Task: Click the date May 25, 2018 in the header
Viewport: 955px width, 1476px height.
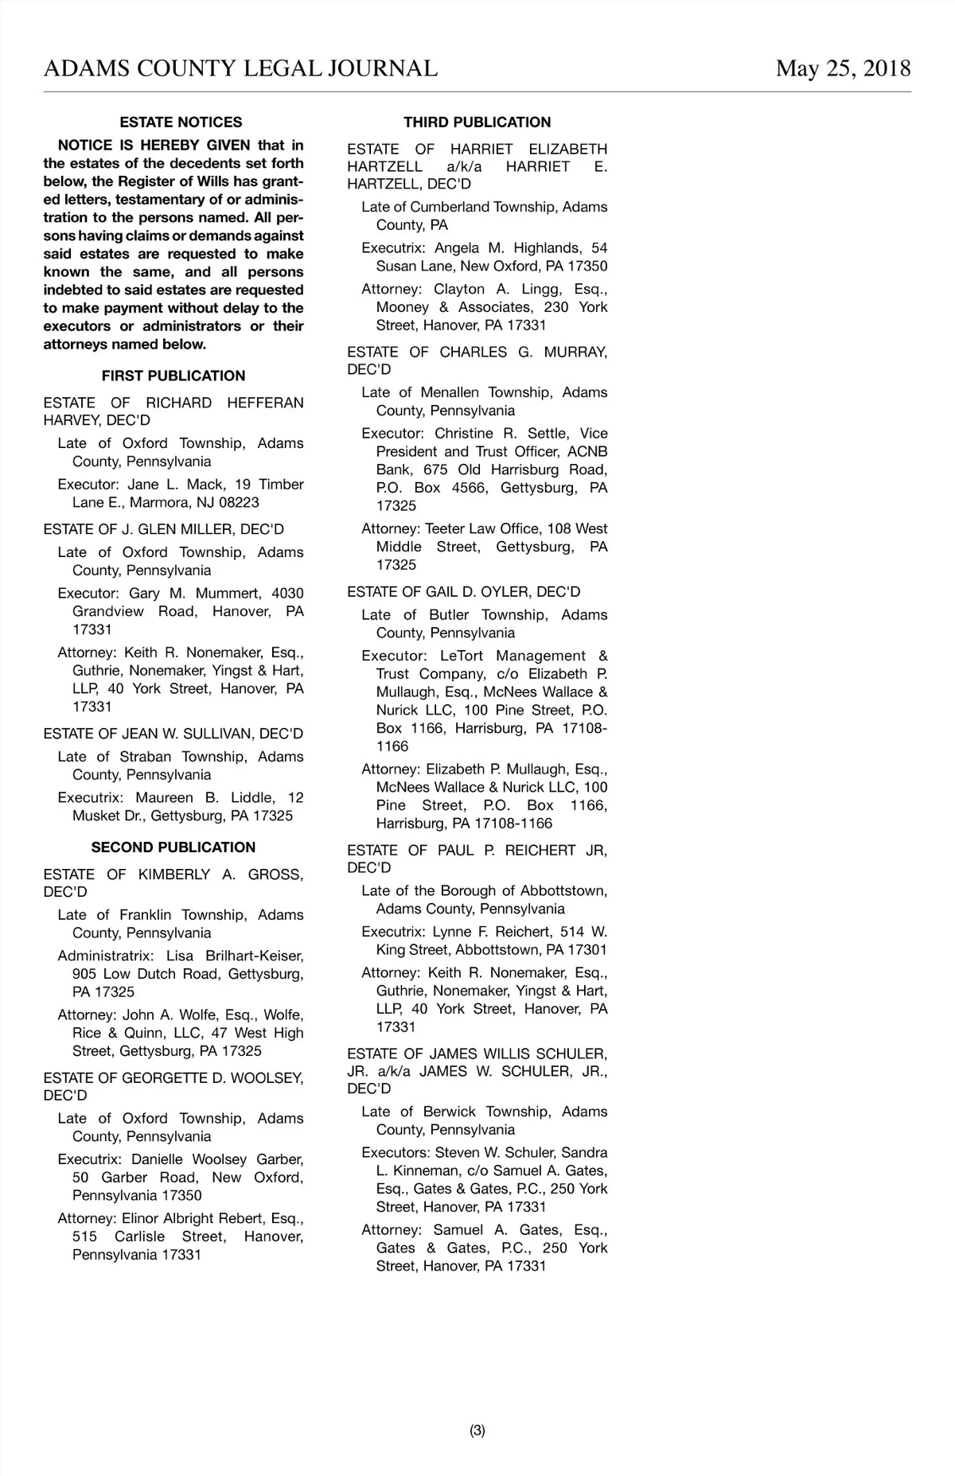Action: (843, 68)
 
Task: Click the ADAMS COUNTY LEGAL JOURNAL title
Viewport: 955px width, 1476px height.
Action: (240, 68)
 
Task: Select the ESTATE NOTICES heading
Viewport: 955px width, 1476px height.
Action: (181, 123)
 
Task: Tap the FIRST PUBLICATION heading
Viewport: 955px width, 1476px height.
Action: (173, 376)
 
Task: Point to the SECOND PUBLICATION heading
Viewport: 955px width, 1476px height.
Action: (173, 847)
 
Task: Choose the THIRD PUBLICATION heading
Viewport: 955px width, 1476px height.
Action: (477, 123)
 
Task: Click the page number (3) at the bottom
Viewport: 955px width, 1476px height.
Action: (477, 1431)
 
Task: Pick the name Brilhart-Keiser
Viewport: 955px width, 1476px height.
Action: (255, 956)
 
